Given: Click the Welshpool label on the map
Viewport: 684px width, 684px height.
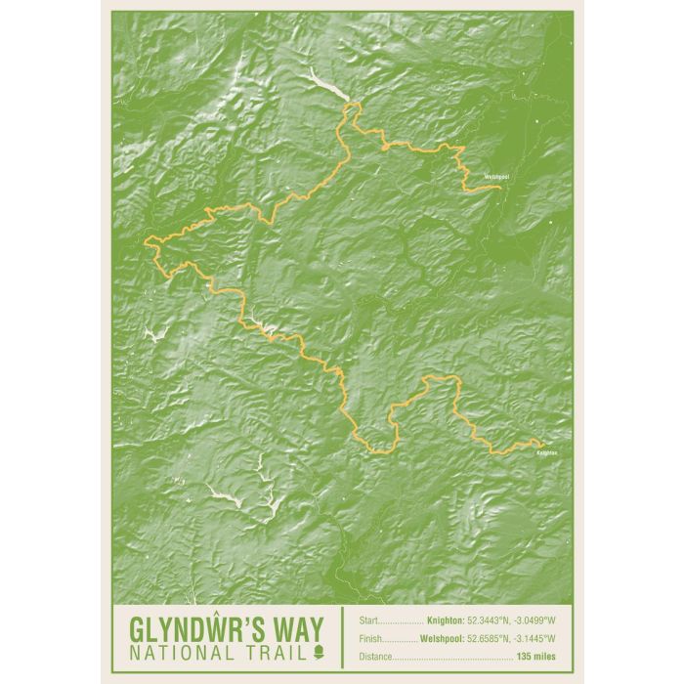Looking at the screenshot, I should [x=496, y=177].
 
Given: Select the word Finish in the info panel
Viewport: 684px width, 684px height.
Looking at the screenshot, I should [x=370, y=638].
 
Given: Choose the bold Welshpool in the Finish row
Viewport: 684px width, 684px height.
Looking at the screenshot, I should [x=442, y=638].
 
